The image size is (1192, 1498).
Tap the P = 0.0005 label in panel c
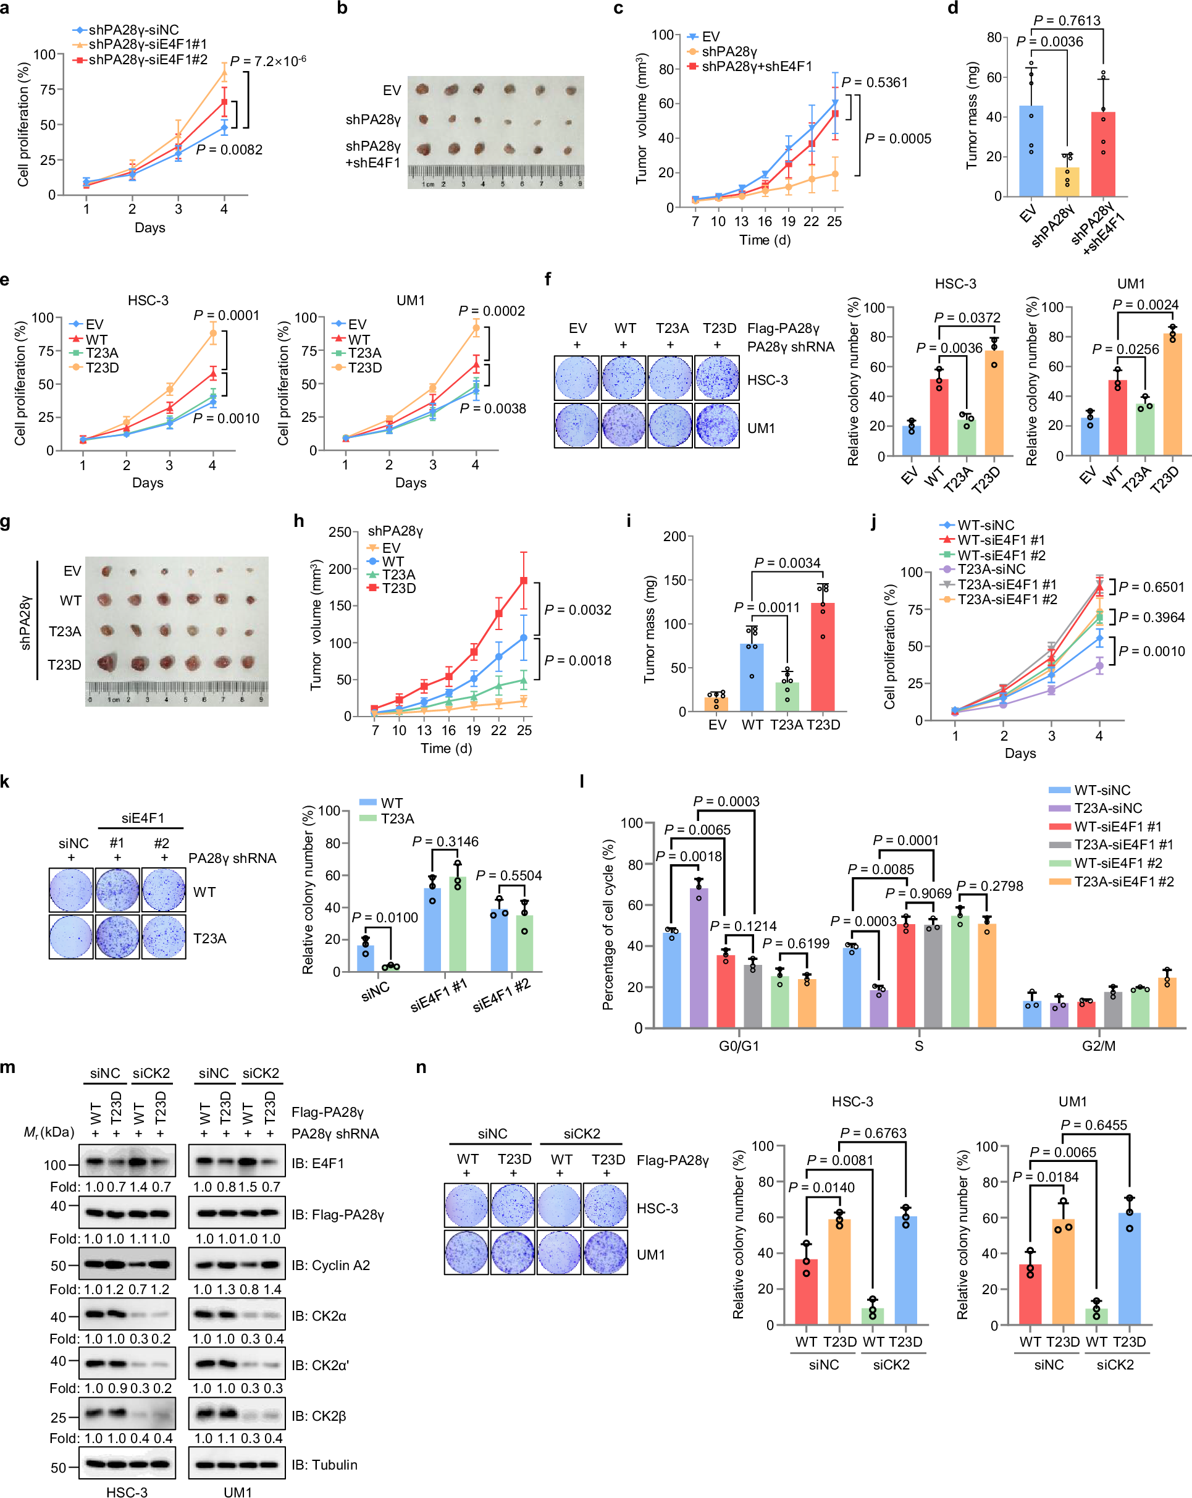(897, 139)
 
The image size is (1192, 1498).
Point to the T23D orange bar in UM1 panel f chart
(1173, 396)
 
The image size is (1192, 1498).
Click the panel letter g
(6, 522)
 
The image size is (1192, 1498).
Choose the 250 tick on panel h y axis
(340, 532)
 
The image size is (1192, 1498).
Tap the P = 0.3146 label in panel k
(445, 842)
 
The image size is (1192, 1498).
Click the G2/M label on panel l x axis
(1098, 1046)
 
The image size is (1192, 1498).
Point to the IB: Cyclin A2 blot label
(330, 1265)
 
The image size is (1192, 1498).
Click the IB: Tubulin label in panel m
(324, 1465)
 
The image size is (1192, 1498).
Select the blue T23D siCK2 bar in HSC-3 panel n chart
(906, 1271)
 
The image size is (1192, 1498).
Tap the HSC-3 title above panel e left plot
(148, 301)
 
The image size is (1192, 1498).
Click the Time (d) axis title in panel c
(765, 240)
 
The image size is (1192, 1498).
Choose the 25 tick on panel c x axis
(834, 222)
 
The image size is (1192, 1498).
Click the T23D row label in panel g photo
(64, 665)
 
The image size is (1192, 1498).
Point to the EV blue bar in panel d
(1031, 151)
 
